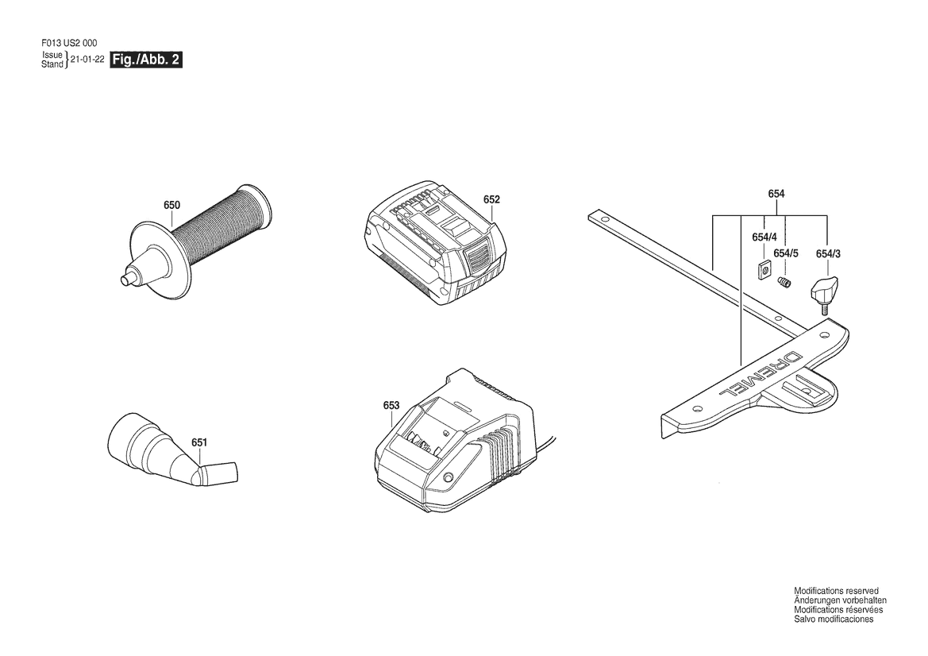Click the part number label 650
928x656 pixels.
171,205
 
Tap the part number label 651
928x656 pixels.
199,442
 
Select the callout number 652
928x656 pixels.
491,199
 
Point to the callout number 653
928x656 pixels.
391,405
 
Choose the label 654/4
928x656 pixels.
764,237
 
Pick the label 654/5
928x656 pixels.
786,253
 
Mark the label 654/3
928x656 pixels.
827,253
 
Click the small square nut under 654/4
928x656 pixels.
764,268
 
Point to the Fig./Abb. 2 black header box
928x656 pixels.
146,60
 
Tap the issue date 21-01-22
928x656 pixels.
87,60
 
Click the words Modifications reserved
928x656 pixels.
836,591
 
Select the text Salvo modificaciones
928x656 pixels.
834,619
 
